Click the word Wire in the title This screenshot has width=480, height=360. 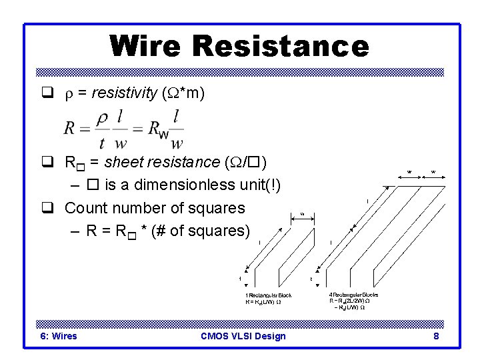point(147,47)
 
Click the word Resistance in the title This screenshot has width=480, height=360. point(281,47)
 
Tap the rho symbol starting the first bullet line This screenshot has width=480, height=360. point(67,94)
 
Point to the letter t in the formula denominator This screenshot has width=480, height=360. point(101,142)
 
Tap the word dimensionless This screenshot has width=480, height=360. point(164,185)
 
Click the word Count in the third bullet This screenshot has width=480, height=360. point(85,208)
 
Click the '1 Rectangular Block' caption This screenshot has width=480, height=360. point(269,295)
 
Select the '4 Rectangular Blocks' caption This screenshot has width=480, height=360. point(353,294)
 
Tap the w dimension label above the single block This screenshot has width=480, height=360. point(301,214)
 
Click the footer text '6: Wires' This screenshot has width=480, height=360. point(59,336)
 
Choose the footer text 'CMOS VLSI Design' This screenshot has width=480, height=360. point(243,336)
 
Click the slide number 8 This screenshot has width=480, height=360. point(436,336)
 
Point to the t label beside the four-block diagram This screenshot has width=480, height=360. point(311,278)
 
